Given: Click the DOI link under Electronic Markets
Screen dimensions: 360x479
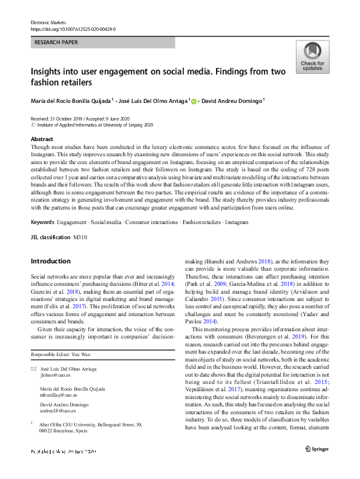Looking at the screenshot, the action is [73, 28].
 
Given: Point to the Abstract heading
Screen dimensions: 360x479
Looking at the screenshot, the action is [42, 139].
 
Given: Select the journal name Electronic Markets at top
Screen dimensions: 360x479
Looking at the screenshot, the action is [50, 22].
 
